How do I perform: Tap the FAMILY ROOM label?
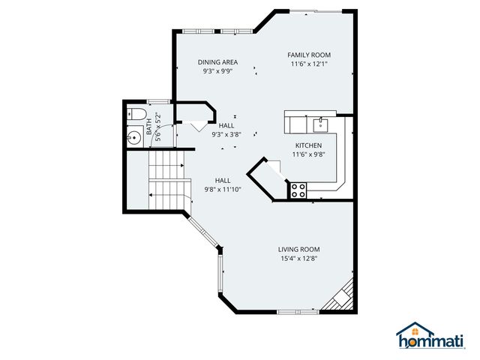point(309,55)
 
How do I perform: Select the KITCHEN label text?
point(308,145)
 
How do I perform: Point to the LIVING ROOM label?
point(299,250)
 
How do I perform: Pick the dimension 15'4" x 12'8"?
point(299,259)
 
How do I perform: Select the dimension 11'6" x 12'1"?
point(309,64)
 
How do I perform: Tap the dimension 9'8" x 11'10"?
point(223,190)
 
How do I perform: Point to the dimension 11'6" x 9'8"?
point(308,154)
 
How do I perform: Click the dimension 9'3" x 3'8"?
point(226,135)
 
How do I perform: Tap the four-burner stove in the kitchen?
point(298,190)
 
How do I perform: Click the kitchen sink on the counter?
point(322,121)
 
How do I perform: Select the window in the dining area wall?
point(217,31)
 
